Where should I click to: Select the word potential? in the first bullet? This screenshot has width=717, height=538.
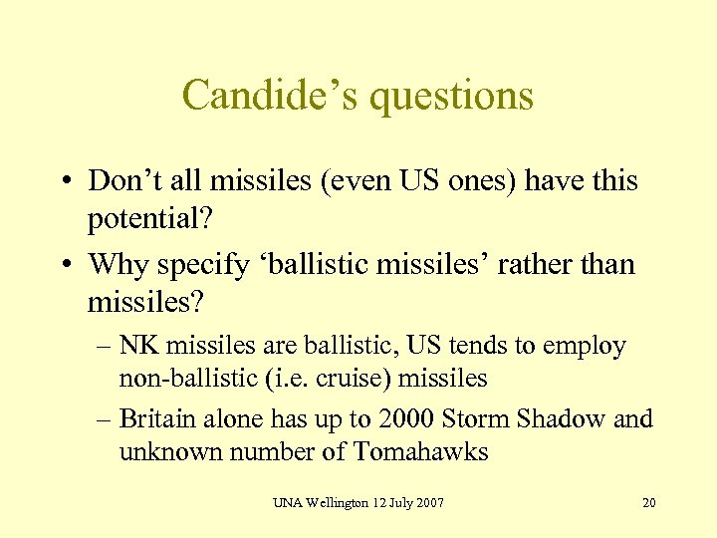tap(148, 216)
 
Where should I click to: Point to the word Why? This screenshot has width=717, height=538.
tap(113, 265)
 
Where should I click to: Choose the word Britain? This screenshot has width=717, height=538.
tap(154, 419)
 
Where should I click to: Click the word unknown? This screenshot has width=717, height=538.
tap(167, 451)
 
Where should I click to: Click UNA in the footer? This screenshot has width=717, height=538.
tap(286, 502)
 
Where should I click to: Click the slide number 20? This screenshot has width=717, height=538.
tap(649, 502)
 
